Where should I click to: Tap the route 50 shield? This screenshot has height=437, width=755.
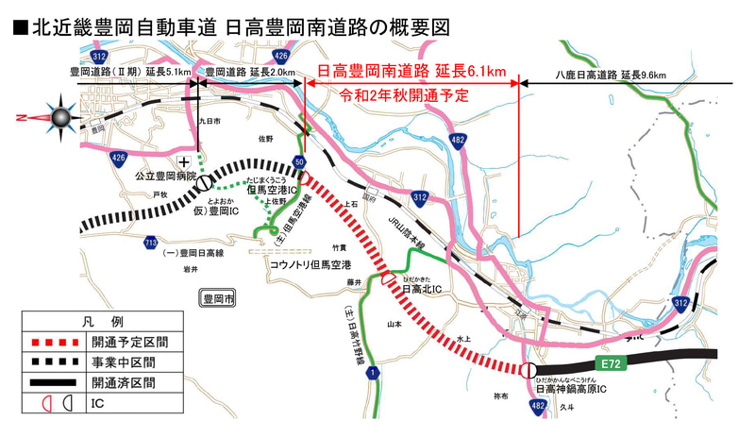299,162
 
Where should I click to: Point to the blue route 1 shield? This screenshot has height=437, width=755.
377,375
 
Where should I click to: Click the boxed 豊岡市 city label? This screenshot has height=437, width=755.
221,299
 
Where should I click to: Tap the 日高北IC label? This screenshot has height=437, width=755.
423,290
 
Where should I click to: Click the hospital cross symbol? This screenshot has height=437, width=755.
196,161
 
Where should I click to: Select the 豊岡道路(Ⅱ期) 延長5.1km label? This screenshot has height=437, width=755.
131,71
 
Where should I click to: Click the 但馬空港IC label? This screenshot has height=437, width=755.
272,189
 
